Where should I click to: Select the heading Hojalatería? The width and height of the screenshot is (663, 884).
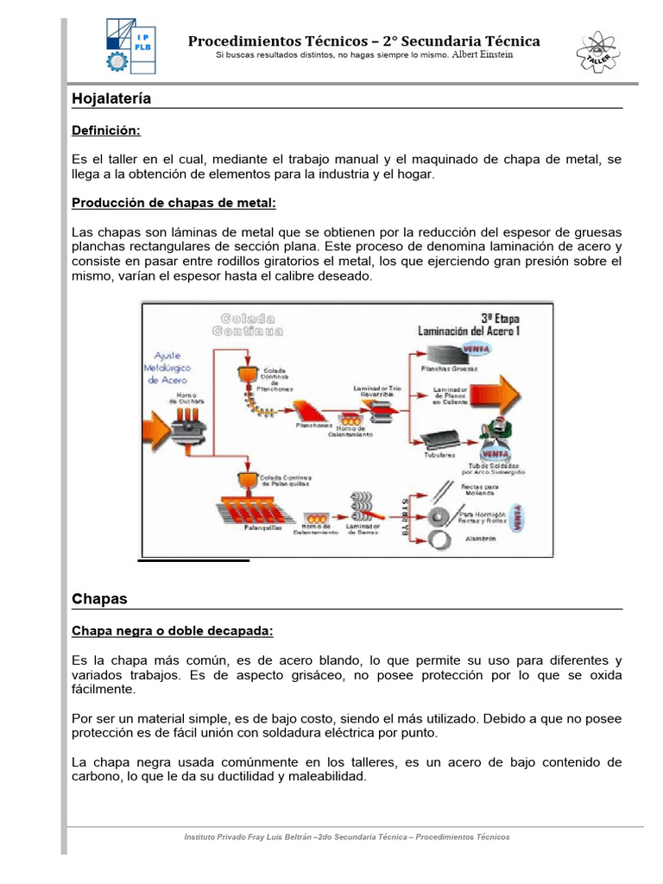[111, 98]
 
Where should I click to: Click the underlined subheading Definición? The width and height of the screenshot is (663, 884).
[105, 129]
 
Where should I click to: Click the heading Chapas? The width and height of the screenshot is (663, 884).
[99, 598]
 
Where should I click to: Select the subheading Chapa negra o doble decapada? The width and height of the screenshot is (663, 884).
[172, 631]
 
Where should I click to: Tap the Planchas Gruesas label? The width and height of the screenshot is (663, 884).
[449, 368]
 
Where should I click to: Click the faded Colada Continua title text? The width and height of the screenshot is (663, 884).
[251, 323]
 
